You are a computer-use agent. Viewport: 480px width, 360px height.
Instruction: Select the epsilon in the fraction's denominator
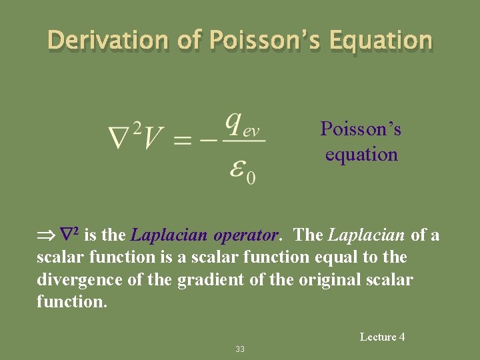[x=237, y=167]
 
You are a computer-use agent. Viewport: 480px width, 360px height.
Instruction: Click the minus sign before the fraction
[x=210, y=141]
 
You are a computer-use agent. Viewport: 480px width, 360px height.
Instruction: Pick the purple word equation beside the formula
[x=361, y=155]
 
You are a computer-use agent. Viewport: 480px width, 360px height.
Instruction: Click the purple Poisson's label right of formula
[x=361, y=128]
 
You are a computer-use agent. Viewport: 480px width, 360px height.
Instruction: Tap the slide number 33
[x=240, y=349]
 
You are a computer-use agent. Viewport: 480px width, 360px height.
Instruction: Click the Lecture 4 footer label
[x=382, y=337]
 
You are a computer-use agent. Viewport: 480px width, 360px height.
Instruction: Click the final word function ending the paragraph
[x=71, y=302]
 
